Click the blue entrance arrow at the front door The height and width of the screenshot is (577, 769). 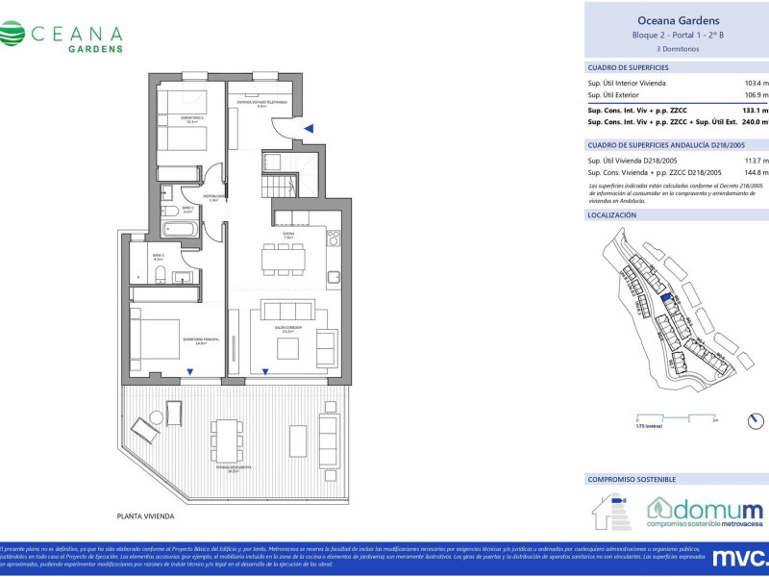tap(309, 128)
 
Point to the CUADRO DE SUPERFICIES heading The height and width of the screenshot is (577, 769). tap(628, 67)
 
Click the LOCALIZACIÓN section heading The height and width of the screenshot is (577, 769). tap(612, 215)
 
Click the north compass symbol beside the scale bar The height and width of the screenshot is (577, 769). tap(757, 420)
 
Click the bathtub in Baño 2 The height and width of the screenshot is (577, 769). tap(180, 229)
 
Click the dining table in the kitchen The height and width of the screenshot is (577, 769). tap(285, 257)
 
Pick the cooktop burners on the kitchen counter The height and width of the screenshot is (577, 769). tap(333, 235)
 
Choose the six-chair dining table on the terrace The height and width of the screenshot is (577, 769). tap(228, 441)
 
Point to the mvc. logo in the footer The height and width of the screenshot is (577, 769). tap(739, 557)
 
